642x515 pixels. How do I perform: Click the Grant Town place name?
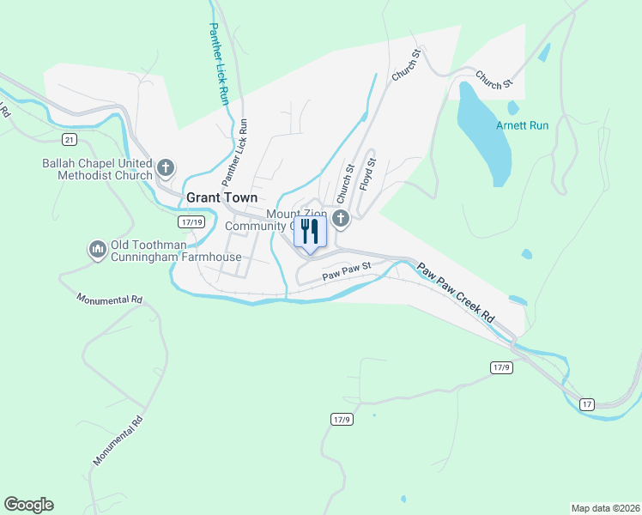click(x=222, y=197)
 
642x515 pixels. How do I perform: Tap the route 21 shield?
click(x=70, y=140)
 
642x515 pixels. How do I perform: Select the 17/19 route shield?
click(x=191, y=221)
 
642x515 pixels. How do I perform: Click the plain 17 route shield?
click(x=587, y=403)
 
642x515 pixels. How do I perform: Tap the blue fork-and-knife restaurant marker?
click(x=311, y=232)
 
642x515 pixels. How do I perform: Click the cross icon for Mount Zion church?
click(x=341, y=219)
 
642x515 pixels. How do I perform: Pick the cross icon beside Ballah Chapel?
click(x=167, y=166)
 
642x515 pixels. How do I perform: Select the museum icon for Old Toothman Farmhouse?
click(x=96, y=250)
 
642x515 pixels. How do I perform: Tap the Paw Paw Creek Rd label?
click(x=456, y=292)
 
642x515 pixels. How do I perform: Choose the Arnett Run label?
click(x=522, y=125)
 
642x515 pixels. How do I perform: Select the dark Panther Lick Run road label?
click(x=235, y=152)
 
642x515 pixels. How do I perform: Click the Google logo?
click(x=28, y=505)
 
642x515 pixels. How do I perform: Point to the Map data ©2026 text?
click(x=604, y=507)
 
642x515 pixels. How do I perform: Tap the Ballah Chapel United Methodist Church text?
click(x=97, y=169)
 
